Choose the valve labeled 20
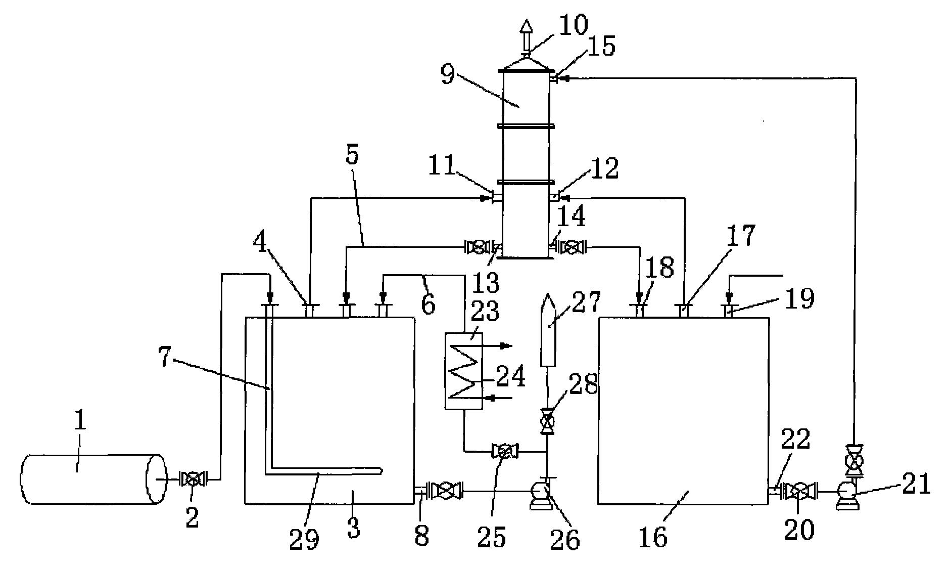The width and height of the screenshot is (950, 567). pyautogui.click(x=798, y=491)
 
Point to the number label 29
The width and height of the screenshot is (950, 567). pyautogui.click(x=305, y=539)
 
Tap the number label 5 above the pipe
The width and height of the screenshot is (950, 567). pyautogui.click(x=352, y=155)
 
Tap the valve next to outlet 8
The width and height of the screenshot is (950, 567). pyautogui.click(x=445, y=491)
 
